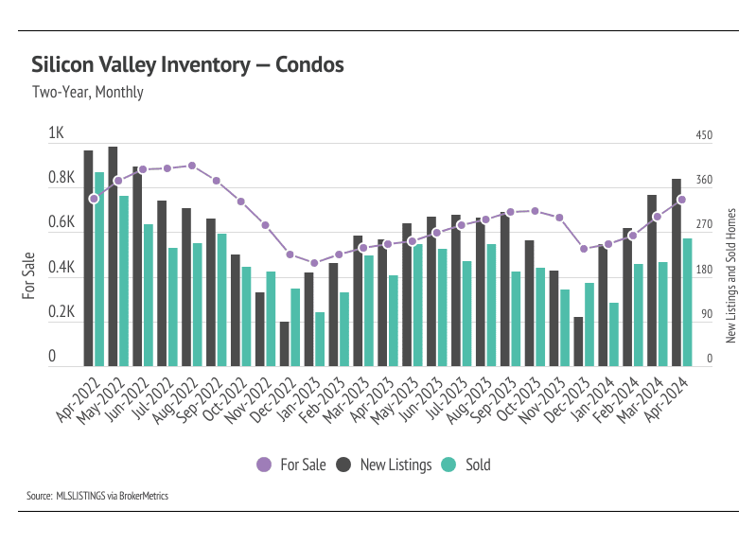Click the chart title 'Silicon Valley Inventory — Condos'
click(x=186, y=65)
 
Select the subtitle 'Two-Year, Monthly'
click(x=87, y=93)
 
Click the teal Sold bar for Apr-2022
click(x=99, y=269)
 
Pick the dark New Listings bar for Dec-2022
click(x=284, y=343)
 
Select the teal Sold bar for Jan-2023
click(x=320, y=339)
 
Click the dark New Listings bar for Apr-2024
click(x=677, y=272)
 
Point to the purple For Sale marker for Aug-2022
click(x=192, y=166)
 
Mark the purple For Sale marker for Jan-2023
click(x=314, y=263)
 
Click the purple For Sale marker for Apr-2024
click(x=682, y=200)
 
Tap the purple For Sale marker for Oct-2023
click(x=535, y=211)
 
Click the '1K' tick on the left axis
click(x=56, y=134)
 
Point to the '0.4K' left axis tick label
click(x=62, y=269)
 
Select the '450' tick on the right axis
click(x=704, y=136)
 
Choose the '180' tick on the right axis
click(x=704, y=271)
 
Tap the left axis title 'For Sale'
click(x=28, y=275)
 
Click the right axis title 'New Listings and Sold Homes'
click(x=730, y=275)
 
